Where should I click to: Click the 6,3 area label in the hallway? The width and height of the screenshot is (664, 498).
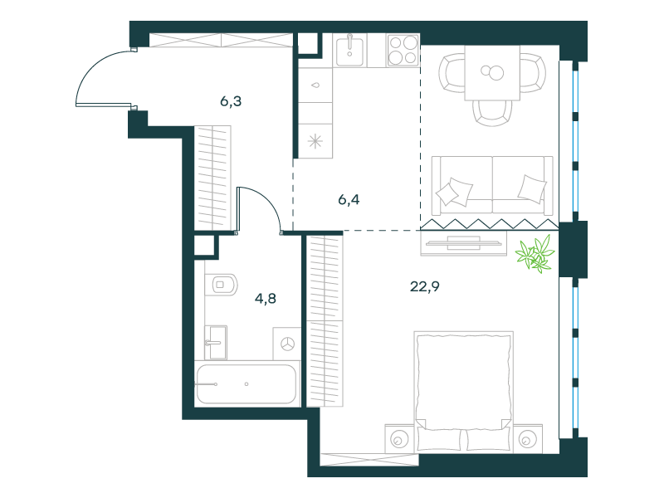(231, 101)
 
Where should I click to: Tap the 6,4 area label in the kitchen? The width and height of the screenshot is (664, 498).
(349, 199)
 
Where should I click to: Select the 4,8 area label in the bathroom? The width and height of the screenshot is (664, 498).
(266, 299)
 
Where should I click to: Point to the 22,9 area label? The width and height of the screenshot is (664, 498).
(425, 286)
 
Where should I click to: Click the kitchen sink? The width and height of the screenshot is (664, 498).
(349, 51)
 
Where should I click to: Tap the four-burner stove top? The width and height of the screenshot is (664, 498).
(403, 50)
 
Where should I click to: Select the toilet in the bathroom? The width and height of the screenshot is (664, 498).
(221, 285)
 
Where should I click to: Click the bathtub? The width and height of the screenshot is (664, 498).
(247, 383)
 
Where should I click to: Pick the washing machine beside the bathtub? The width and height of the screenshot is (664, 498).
(287, 344)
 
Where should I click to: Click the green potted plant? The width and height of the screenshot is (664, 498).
(535, 254)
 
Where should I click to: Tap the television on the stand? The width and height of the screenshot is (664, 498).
(464, 243)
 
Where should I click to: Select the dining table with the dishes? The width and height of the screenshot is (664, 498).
(492, 73)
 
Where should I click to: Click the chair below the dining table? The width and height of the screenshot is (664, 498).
(492, 113)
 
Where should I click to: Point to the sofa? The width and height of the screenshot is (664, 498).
(492, 185)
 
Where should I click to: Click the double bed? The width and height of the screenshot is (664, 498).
(464, 391)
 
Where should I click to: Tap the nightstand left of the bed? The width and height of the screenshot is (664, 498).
(399, 439)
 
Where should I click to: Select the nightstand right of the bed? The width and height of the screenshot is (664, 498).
(528, 439)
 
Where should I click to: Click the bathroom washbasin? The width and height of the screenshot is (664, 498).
(216, 342)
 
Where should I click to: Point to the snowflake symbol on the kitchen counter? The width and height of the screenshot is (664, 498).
(315, 141)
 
